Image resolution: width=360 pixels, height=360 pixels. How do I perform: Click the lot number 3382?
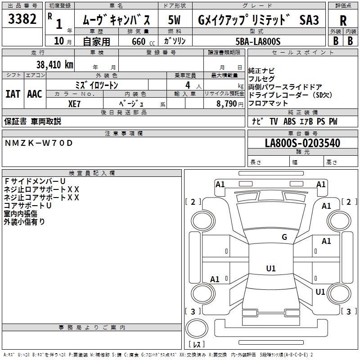(x=22, y=19)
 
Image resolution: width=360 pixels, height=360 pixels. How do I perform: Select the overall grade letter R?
(x=343, y=21)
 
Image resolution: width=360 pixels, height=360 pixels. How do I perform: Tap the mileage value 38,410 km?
(x=54, y=65)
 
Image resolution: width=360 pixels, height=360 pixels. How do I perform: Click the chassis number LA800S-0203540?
(x=302, y=143)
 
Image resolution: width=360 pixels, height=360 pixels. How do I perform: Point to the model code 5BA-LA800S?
(x=258, y=41)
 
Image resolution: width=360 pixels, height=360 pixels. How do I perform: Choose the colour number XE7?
(x=74, y=104)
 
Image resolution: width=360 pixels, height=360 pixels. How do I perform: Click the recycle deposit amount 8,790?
(x=226, y=104)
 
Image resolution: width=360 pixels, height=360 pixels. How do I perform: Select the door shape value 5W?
(x=174, y=20)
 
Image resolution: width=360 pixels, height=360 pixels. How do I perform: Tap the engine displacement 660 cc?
(x=143, y=42)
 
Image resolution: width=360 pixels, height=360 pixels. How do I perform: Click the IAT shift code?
(x=13, y=94)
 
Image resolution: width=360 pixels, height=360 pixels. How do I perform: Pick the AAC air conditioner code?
(x=35, y=94)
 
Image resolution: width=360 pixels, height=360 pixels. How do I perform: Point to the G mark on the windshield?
(x=284, y=237)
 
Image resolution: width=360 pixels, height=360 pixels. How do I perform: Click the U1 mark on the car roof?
(x=271, y=268)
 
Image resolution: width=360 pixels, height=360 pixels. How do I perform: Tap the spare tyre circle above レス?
(x=197, y=328)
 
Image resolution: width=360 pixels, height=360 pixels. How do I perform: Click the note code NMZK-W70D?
(x=39, y=143)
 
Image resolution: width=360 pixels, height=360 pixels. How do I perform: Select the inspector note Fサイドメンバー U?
(x=35, y=181)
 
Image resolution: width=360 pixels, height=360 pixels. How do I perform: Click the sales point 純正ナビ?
(x=261, y=71)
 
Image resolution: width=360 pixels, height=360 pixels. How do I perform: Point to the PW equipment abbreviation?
(x=333, y=121)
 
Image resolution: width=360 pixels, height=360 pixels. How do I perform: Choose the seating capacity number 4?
(x=188, y=85)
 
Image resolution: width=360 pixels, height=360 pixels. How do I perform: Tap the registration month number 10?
(x=59, y=41)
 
